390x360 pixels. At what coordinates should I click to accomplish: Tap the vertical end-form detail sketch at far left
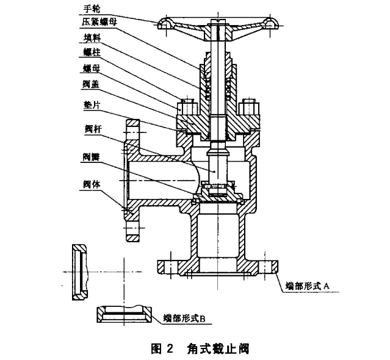(80, 272)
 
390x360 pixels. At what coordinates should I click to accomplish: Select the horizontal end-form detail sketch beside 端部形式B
(125, 314)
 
